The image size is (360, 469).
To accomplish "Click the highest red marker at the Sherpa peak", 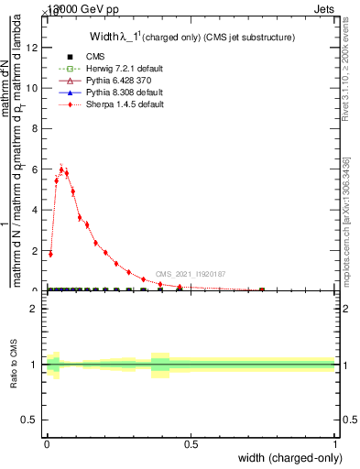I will pyautogui.click(x=61, y=169).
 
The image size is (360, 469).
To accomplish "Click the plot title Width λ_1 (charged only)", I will pyautogui.click(x=191, y=37).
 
